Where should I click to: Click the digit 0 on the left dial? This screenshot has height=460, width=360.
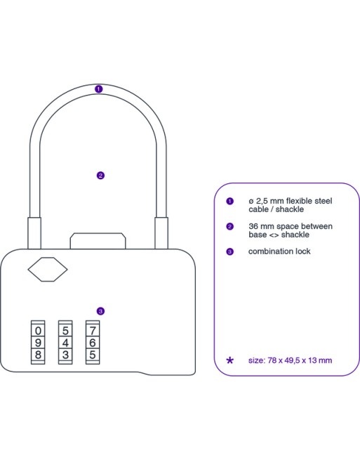click(38, 331)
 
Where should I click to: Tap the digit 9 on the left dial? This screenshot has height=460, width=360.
click(38, 343)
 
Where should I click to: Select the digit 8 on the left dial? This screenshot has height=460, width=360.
click(38, 355)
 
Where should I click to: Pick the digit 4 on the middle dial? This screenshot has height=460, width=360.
click(65, 343)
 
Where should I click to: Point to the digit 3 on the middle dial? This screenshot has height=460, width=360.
click(65, 355)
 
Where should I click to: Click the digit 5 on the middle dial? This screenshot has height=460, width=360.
click(65, 331)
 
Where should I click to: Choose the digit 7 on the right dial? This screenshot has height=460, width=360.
click(93, 331)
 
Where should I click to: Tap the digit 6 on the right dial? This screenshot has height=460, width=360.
click(93, 343)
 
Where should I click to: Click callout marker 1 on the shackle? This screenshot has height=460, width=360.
click(99, 89)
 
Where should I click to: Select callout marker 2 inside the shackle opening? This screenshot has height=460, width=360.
click(100, 176)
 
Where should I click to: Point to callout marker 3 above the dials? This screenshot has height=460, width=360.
click(100, 311)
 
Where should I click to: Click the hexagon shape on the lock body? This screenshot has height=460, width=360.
click(48, 269)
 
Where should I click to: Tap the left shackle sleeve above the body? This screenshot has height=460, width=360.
click(34, 233)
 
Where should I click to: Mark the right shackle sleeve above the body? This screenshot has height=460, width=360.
click(161, 233)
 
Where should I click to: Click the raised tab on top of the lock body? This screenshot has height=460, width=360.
click(98, 241)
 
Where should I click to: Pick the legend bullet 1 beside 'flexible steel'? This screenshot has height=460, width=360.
click(230, 202)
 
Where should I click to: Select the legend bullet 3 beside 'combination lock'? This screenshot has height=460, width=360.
click(230, 251)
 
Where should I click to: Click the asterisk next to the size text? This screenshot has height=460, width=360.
click(230, 360)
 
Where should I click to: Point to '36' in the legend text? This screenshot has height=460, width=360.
click(253, 226)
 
